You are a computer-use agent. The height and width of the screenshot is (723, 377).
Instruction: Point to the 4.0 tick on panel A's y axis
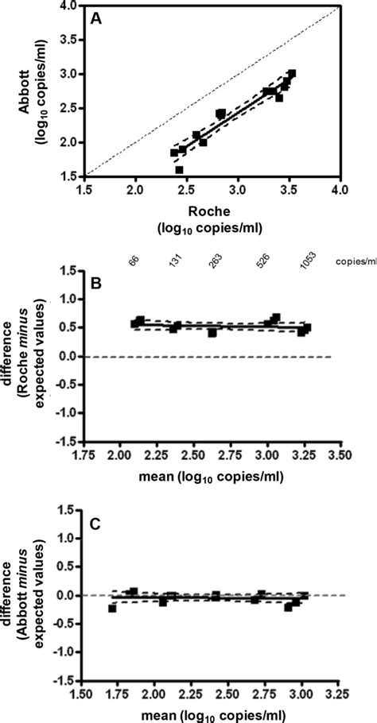coord(69,6)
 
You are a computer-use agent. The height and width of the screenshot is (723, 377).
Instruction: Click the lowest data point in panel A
coord(179,169)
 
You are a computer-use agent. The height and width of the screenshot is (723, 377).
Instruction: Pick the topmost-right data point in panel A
coord(292,74)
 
